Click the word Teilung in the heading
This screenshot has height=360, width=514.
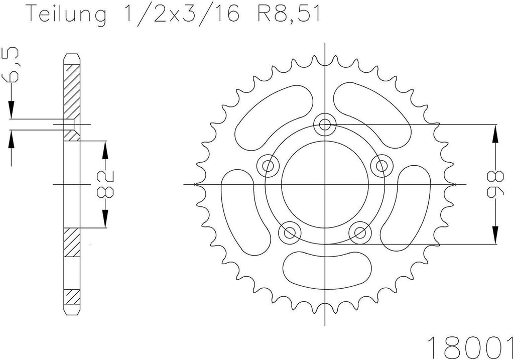(67, 14)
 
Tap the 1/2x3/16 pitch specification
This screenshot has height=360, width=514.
(182, 14)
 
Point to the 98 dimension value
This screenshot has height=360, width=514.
(495, 184)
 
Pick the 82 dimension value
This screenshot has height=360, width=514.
(105, 184)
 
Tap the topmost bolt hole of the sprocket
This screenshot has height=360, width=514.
(325, 124)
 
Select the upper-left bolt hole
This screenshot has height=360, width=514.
(269, 165)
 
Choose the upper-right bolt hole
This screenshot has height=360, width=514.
(381, 165)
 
